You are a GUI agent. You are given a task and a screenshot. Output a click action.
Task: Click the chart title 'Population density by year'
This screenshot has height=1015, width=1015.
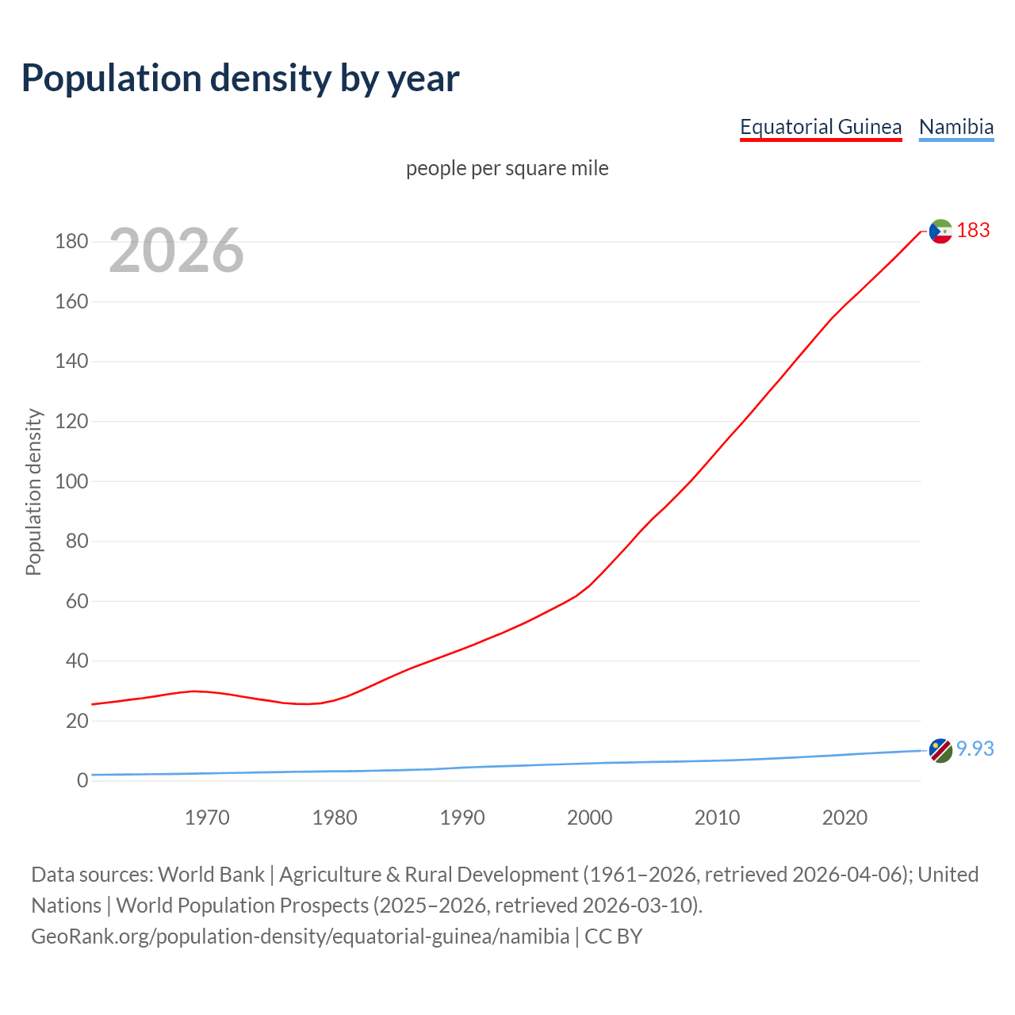(240, 79)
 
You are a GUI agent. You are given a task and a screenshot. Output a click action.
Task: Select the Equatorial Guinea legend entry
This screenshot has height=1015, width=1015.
(821, 127)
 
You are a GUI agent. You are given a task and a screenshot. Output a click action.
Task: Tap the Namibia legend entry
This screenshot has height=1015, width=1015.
(956, 127)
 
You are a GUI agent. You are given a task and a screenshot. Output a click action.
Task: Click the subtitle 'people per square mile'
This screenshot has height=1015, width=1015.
(507, 169)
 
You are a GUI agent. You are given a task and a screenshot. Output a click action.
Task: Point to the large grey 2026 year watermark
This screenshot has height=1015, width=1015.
(176, 251)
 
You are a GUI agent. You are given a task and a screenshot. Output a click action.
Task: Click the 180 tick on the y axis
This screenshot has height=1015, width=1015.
(71, 242)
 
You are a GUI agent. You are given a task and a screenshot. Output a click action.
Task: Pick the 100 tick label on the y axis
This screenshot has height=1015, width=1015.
(71, 481)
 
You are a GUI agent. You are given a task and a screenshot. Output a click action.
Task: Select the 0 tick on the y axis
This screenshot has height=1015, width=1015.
(82, 781)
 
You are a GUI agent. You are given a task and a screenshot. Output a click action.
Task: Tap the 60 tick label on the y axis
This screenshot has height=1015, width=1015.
(76, 601)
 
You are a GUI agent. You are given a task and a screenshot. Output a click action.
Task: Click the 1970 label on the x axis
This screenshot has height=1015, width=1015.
(207, 818)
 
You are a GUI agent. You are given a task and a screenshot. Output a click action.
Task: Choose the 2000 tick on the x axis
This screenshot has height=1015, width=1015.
(589, 818)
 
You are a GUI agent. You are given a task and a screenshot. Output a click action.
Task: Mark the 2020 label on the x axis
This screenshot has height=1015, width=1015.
(845, 818)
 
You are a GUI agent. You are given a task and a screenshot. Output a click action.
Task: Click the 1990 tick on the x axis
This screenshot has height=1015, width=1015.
(462, 818)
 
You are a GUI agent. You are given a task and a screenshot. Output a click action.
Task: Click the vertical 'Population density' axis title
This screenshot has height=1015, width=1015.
(33, 492)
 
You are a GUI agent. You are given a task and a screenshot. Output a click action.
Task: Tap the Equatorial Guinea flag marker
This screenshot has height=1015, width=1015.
(940, 232)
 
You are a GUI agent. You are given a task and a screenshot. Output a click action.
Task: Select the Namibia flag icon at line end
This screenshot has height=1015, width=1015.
(940, 750)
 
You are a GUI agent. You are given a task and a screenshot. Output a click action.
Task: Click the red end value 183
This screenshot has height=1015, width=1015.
(973, 231)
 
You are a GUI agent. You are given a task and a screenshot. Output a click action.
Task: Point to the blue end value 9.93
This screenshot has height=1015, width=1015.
(975, 749)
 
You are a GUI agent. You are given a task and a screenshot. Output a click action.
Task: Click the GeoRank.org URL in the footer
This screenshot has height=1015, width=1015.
(300, 936)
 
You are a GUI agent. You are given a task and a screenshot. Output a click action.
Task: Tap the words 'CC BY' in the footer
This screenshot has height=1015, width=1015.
(613, 936)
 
